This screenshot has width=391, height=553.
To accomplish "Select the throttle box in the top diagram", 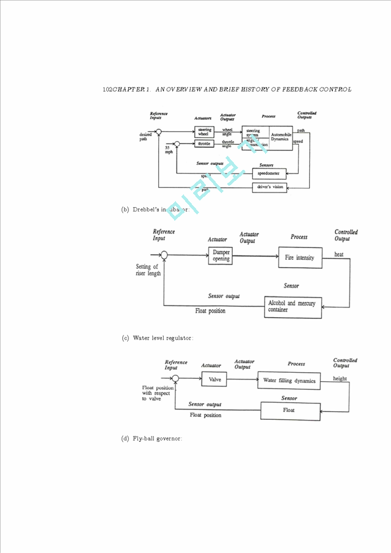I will pyautogui.click(x=203, y=144).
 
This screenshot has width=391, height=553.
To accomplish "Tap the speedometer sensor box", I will pyautogui.click(x=269, y=174).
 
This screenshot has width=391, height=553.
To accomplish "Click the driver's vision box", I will pyautogui.click(x=269, y=187).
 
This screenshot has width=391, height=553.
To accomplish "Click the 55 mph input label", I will pyautogui.click(x=168, y=150).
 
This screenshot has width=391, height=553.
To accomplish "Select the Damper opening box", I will pyautogui.click(x=221, y=255).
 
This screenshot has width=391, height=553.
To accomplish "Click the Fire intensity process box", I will pyautogui.click(x=299, y=257).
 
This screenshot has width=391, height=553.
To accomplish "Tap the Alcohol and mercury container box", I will pyautogui.click(x=293, y=306).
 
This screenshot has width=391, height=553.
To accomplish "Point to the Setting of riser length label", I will pyautogui.click(x=148, y=270).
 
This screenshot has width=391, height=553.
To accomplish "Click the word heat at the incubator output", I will pyautogui.click(x=338, y=254).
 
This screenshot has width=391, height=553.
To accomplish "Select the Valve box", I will pyautogui.click(x=214, y=379).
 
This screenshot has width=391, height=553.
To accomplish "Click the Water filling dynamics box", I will pyautogui.click(x=289, y=380).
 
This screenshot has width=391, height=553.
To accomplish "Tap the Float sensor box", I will pyautogui.click(x=289, y=410).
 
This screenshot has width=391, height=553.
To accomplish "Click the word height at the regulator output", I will pyautogui.click(x=340, y=378).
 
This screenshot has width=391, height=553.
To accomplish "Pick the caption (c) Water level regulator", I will pyautogui.click(x=158, y=338).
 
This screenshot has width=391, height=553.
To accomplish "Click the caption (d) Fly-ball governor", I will pyautogui.click(x=152, y=438).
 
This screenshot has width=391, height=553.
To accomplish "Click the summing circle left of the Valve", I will pyautogui.click(x=175, y=379).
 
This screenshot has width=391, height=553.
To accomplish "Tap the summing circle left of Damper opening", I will pyautogui.click(x=164, y=255).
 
